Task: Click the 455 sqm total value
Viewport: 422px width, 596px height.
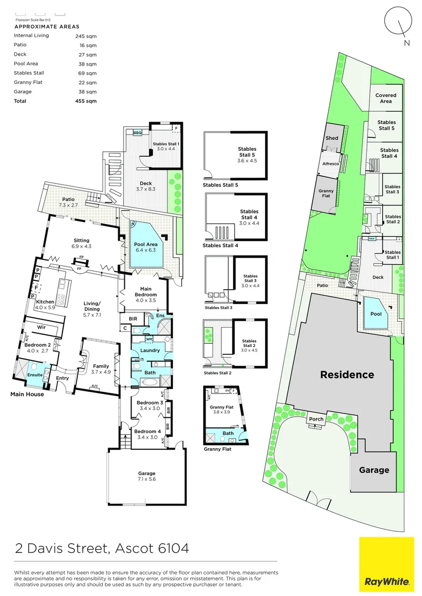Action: (x=86, y=101)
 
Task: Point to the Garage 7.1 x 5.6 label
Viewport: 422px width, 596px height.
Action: (x=147, y=476)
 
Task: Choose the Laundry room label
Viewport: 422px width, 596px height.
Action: (x=150, y=350)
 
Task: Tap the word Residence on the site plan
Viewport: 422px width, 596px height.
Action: (x=347, y=375)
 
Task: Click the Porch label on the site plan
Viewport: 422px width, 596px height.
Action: (x=317, y=418)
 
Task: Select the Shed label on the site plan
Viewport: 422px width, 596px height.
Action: (x=331, y=139)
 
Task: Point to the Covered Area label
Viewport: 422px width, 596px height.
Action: (x=386, y=98)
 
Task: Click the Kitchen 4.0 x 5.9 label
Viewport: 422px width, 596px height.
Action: (x=45, y=305)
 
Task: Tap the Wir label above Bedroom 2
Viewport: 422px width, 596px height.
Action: (x=40, y=327)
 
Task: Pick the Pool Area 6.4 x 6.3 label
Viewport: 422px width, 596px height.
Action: (x=146, y=246)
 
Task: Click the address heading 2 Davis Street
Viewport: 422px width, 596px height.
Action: (x=102, y=549)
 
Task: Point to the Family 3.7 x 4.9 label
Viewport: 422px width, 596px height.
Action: (x=101, y=369)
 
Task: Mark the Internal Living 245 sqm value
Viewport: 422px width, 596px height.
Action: (x=86, y=35)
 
